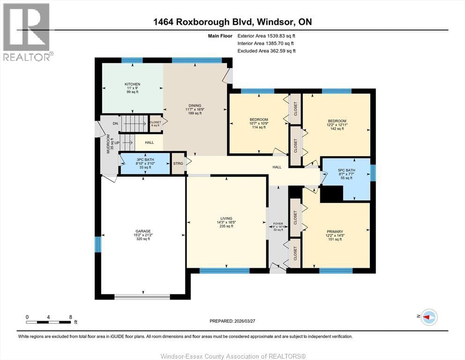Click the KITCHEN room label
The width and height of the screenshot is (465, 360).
click(x=133, y=84)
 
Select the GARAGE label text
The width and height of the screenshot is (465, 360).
click(x=143, y=231)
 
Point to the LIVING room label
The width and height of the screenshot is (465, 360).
click(x=226, y=218)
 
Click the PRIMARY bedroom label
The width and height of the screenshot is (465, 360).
click(x=335, y=232)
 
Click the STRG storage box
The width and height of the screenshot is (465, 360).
click(x=177, y=164)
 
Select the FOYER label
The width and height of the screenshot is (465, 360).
click(x=278, y=224)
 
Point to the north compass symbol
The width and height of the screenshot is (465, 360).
click(x=428, y=317)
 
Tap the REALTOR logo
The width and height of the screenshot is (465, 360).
click(x=27, y=32)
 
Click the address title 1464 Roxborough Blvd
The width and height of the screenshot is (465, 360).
click(x=232, y=22)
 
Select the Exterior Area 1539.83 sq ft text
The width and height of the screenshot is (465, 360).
click(x=266, y=35)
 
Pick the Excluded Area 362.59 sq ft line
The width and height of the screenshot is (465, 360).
click(x=266, y=51)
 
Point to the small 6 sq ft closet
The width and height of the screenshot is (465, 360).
click(x=155, y=124)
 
